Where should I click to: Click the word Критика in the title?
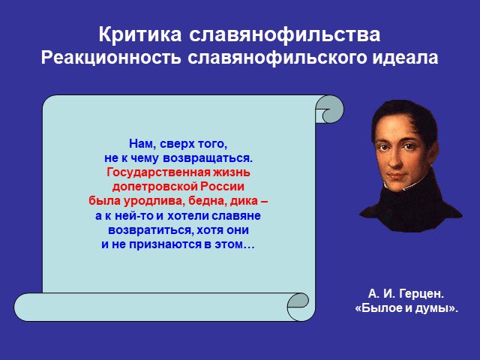coord(140,34)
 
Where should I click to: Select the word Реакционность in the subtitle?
coord(111,58)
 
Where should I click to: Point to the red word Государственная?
coord(158,172)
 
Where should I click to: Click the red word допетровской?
coord(154,187)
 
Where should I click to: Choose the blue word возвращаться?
coord(208,158)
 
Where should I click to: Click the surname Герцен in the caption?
coord(421,294)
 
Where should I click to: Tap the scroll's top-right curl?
coord(330,109)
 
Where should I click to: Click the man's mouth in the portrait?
coord(396,177)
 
